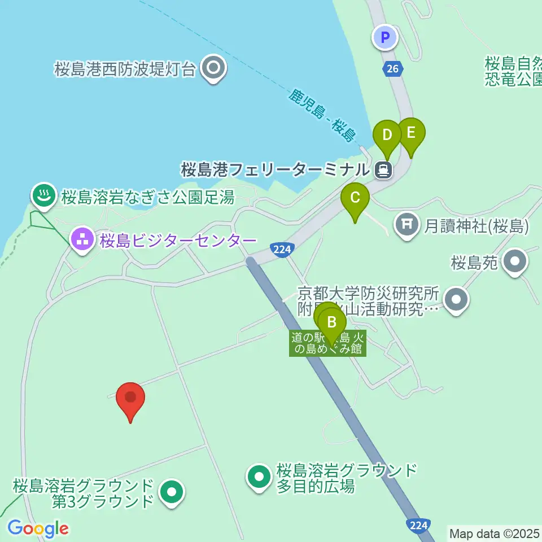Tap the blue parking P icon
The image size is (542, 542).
click(x=385, y=38)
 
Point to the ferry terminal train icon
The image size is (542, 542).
click(x=384, y=169)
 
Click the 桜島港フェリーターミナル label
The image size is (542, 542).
click(x=276, y=169)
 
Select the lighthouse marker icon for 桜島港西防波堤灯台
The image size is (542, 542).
click(x=214, y=69)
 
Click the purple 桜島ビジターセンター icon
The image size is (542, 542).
click(x=82, y=240)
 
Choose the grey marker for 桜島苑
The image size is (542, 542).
click(x=515, y=262)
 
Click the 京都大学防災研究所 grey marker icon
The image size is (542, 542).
click(x=456, y=300)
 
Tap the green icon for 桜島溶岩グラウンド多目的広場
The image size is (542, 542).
click(x=260, y=477)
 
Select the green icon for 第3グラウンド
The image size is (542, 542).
click(x=171, y=492)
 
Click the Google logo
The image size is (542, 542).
click(x=38, y=528)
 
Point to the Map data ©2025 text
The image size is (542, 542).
click(x=494, y=532)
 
